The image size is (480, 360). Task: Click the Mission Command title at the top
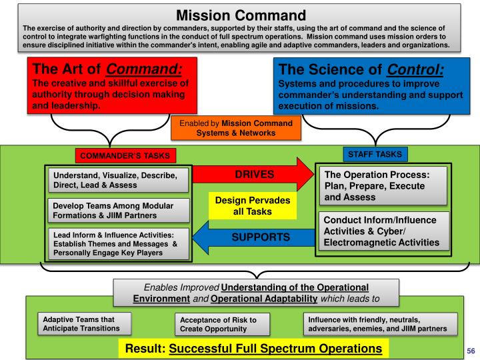click(x=240, y=13)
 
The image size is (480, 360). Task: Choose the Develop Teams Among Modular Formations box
click(x=118, y=211)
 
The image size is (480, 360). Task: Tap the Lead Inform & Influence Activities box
click(x=118, y=243)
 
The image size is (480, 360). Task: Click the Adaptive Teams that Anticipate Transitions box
click(x=83, y=323)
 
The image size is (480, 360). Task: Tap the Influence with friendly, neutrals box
click(x=382, y=323)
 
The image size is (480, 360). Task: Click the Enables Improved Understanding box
click(x=257, y=291)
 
